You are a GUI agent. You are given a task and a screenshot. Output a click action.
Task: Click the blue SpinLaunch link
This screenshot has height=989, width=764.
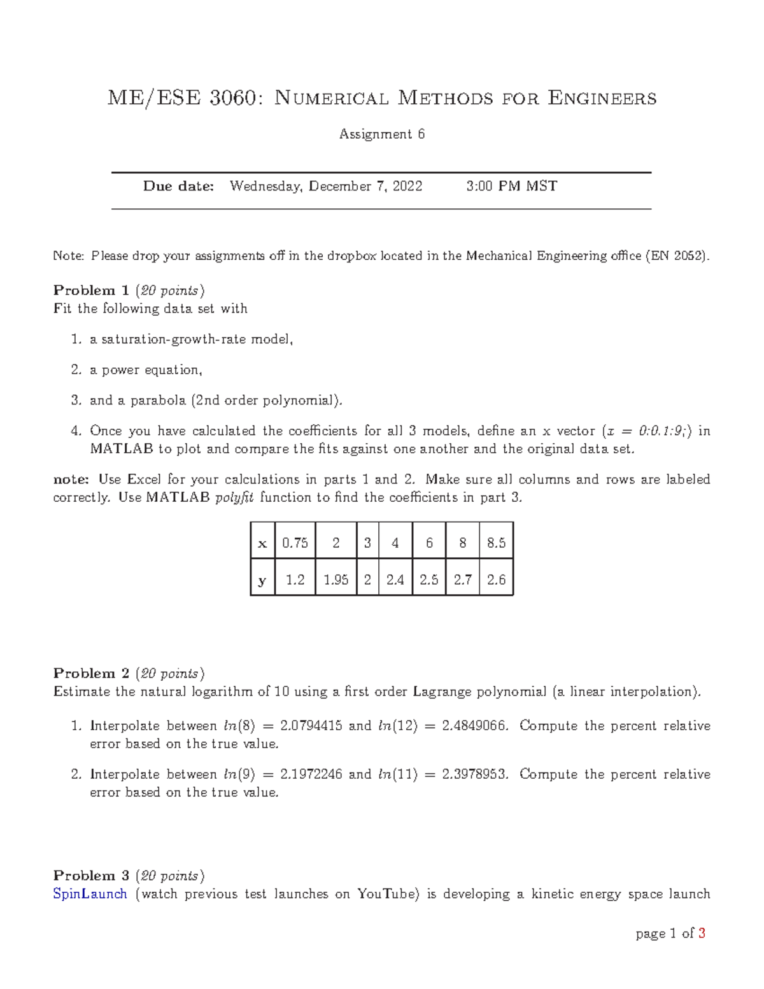(x=90, y=894)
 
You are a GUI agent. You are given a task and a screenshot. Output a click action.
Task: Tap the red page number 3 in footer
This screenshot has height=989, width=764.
(x=702, y=934)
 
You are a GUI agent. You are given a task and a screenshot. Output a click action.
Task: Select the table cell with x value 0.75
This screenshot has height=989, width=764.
(x=295, y=543)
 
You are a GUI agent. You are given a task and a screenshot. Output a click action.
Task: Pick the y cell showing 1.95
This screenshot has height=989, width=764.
(x=336, y=580)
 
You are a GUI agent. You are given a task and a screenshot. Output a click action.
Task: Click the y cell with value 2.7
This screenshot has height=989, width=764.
(x=462, y=580)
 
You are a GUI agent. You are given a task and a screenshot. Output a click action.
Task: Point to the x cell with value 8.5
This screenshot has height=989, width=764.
(x=496, y=543)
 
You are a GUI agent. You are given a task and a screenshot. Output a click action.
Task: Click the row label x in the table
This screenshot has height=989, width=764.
(x=262, y=543)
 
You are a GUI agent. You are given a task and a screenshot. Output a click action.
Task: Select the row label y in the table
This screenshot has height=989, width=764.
(x=262, y=580)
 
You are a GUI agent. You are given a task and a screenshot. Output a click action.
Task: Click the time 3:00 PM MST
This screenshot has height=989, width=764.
(x=511, y=186)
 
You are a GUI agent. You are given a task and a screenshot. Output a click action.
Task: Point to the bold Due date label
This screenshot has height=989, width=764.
(x=178, y=186)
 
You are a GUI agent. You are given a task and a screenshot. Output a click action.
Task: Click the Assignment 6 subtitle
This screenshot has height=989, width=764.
(x=382, y=134)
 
